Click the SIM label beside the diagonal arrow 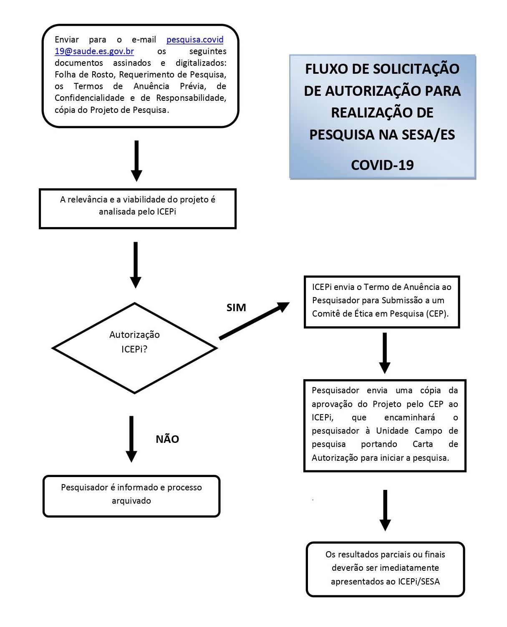click(x=236, y=307)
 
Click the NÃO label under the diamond click(x=167, y=439)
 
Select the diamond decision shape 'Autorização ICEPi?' click(x=134, y=348)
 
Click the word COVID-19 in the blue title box click(x=382, y=165)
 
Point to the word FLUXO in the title click(x=325, y=69)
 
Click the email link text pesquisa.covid click(x=195, y=40)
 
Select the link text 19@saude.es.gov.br click(x=94, y=51)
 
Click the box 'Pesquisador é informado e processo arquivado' click(x=131, y=496)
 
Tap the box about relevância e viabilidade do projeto click(x=138, y=208)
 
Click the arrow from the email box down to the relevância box click(x=136, y=160)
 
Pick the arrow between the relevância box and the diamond click(x=136, y=265)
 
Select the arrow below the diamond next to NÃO click(x=131, y=439)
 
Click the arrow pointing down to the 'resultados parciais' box click(x=385, y=510)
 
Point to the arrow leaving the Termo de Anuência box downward click(x=385, y=352)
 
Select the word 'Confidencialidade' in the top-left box click(x=89, y=98)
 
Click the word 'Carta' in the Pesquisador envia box click(x=422, y=444)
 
